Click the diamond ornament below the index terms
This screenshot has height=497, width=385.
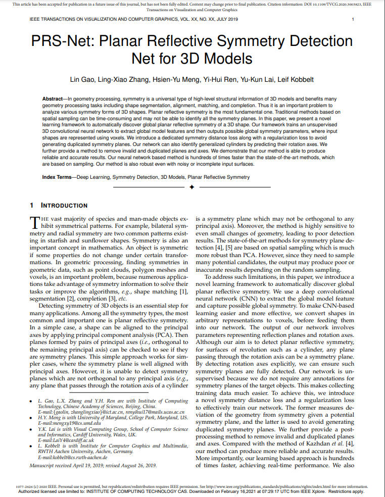tap(191, 187)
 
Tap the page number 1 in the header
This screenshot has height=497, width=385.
tap(352, 19)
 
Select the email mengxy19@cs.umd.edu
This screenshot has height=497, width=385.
tap(68, 423)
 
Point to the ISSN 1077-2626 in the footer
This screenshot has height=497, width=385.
tap(25, 487)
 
